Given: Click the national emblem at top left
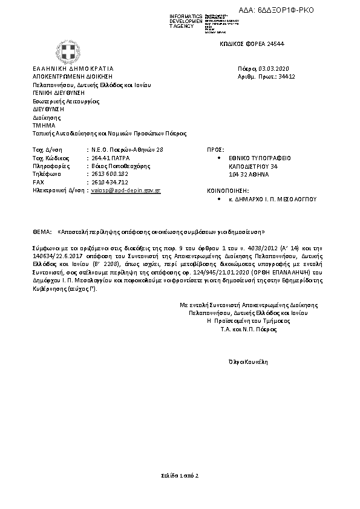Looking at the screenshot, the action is (65, 48).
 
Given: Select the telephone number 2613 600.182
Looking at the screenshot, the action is (110, 173).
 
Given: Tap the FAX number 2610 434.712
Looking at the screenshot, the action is (110, 181).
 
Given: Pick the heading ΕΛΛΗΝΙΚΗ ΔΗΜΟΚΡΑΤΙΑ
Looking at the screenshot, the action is (73, 69).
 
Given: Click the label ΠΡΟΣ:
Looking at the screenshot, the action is (216, 149).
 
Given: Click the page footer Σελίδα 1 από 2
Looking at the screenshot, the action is (180, 477).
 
